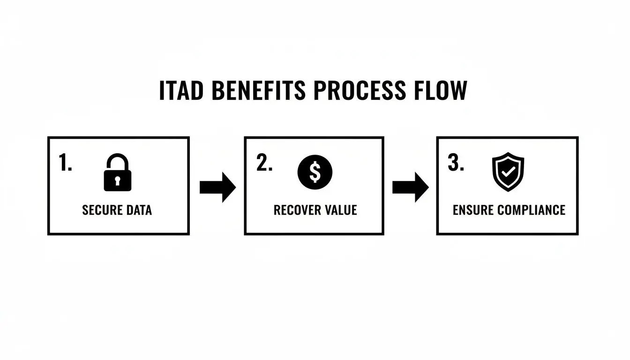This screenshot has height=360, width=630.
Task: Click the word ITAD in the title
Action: tap(181, 90)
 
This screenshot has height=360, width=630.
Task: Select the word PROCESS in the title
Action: tap(359, 90)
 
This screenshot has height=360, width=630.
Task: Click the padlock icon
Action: tap(117, 174)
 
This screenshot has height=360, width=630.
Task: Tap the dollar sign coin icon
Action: tap(315, 172)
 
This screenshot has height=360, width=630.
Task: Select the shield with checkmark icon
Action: tap(508, 172)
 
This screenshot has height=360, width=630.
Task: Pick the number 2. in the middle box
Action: tap(264, 163)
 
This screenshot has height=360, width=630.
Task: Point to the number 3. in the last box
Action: tap(456, 163)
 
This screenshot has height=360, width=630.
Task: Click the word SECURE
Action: tap(102, 210)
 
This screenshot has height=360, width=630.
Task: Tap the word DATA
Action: tap(139, 210)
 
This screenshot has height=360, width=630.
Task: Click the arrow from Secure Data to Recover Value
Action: tap(217, 187)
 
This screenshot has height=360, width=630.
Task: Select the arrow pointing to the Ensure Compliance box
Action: tap(410, 187)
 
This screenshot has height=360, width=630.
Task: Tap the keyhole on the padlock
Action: tap(117, 180)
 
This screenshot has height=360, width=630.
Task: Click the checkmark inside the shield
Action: tap(508, 172)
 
